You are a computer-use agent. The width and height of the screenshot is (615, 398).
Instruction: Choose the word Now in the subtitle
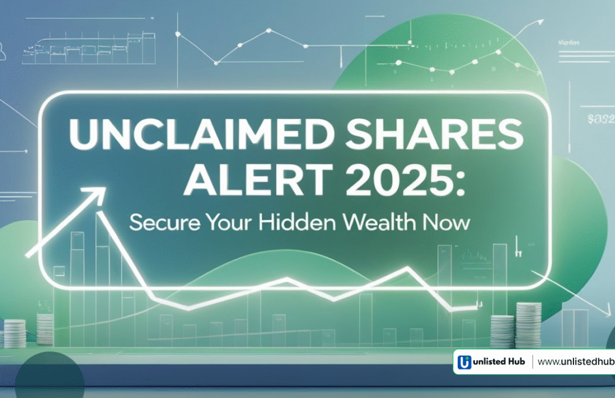[450, 222]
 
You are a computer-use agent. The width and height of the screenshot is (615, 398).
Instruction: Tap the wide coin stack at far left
[15, 333]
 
